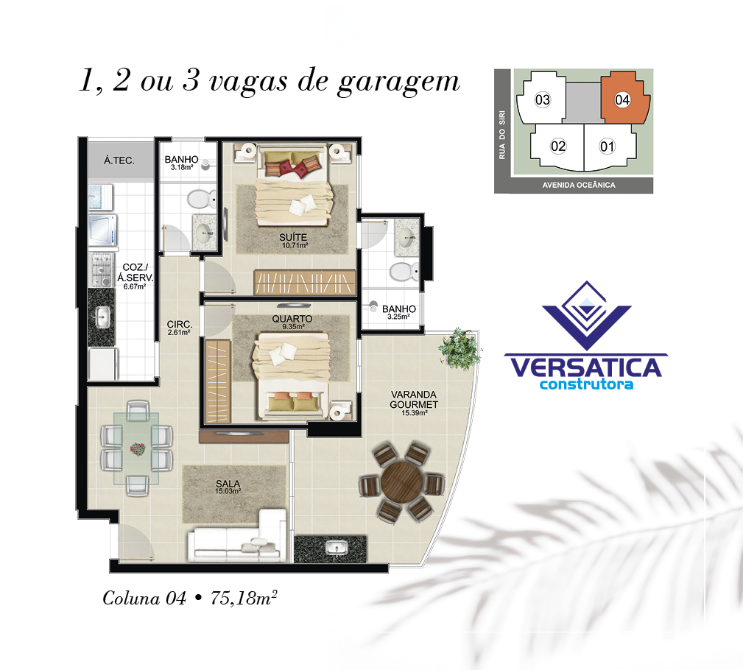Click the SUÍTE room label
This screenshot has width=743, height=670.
coord(293,237)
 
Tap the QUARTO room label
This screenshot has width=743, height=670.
coord(292,319)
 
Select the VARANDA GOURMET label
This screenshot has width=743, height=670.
coord(414,400)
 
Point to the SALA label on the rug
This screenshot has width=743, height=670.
coord(228,483)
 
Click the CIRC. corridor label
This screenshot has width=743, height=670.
coord(179,325)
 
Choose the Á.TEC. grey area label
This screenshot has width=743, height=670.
coord(119,161)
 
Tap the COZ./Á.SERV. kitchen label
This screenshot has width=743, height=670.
coord(135,272)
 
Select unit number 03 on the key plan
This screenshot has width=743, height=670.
coord(543,100)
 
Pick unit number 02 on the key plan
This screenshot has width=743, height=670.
coord(558,146)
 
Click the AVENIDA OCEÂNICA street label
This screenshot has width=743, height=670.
coord(579,186)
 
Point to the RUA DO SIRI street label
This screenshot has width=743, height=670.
coord(501,135)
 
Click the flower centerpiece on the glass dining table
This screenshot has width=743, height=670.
coord(138,448)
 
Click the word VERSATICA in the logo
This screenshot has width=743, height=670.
coord(585,367)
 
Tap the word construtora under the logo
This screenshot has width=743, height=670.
coord(587,384)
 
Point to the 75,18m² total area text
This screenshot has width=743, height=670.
coord(244,598)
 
